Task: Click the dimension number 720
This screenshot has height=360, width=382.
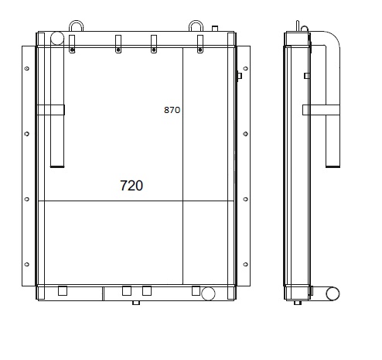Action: click(131, 186)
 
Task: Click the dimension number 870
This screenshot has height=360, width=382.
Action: click(172, 110)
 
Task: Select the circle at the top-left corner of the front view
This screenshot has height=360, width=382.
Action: click(57, 38)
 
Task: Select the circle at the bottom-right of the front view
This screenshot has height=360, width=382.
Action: click(208, 293)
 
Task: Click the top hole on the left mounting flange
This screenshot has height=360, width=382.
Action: click(27, 68)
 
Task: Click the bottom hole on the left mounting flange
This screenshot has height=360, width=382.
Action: click(27, 264)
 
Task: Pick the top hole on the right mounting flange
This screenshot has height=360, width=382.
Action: click(245, 68)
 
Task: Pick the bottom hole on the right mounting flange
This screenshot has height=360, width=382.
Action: click(245, 264)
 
